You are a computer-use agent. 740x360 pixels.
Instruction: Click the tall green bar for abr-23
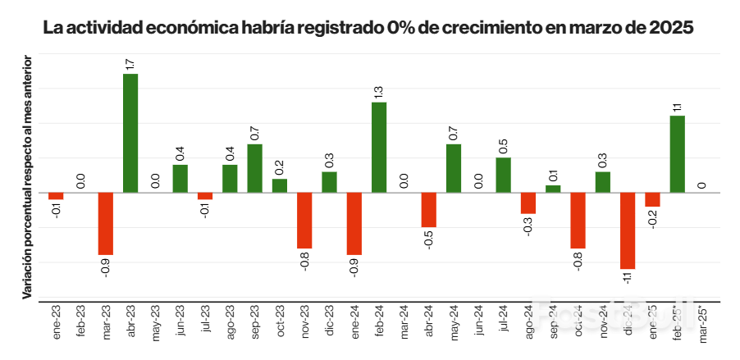click(x=130, y=133)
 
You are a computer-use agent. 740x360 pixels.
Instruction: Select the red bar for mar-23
click(x=105, y=224)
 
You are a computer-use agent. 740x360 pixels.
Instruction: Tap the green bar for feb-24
click(x=379, y=148)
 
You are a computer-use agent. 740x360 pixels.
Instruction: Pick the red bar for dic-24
click(x=628, y=230)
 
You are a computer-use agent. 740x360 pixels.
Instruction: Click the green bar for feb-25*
click(x=678, y=154)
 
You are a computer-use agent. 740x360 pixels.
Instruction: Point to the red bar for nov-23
click(x=304, y=221)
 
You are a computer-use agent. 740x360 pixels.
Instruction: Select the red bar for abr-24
click(x=428, y=210)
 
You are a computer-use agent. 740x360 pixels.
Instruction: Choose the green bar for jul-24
click(x=504, y=175)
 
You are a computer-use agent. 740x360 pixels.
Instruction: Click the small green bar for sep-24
click(x=553, y=189)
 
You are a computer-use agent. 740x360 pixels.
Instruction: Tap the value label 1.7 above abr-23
click(x=130, y=63)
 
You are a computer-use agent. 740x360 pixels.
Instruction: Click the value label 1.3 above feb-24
click(x=379, y=91)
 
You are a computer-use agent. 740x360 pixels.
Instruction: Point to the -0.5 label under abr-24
click(x=428, y=239)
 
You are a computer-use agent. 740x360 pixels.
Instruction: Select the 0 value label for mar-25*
click(x=702, y=185)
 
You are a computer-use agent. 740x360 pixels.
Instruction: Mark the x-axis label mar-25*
click(x=702, y=321)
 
